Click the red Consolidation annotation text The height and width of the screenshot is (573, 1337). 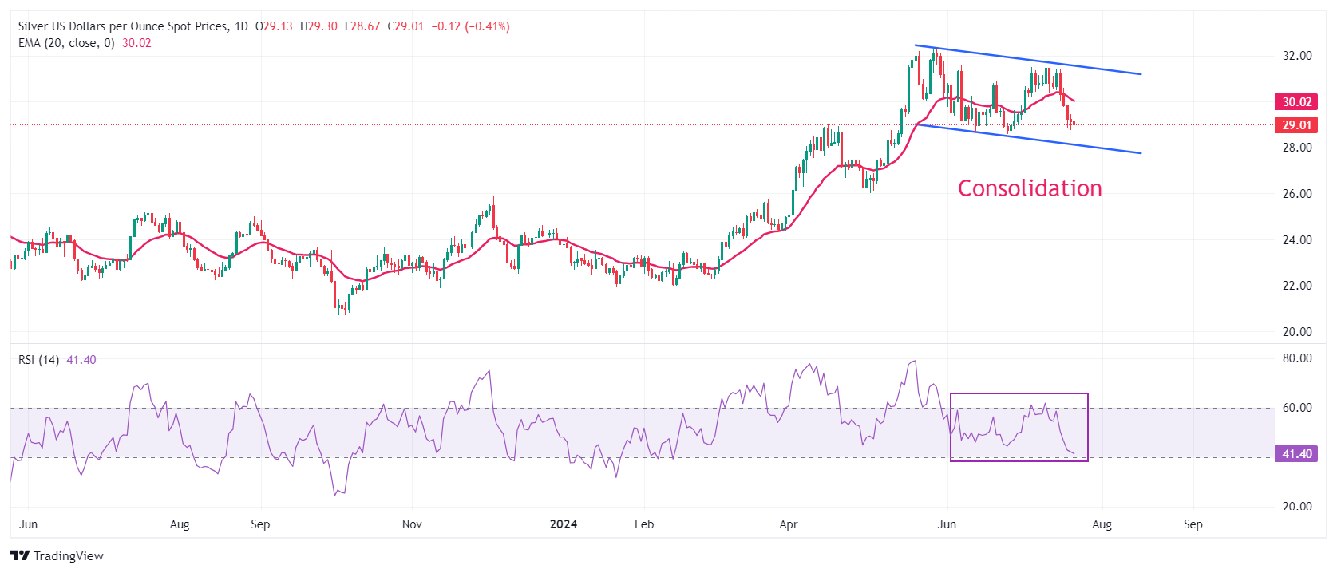pos(1030,188)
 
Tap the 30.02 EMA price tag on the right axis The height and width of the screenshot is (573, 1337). pos(1296,101)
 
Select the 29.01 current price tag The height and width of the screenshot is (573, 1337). pos(1296,124)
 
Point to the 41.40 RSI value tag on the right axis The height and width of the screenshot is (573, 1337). pos(1296,454)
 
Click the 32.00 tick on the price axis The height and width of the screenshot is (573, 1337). pos(1297,56)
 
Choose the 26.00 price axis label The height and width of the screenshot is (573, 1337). pos(1297,194)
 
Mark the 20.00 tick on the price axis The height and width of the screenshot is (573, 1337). pos(1297,332)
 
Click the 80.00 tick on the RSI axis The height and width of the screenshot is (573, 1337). pos(1297,358)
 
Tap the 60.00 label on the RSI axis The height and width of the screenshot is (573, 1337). pos(1297,408)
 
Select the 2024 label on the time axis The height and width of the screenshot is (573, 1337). pos(564,524)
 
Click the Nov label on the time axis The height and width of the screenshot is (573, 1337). pos(412,524)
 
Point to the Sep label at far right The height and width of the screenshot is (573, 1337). pos(1193,524)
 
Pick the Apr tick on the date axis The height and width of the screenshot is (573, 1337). pos(789,524)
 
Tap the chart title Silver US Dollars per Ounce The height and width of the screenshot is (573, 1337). pos(123,26)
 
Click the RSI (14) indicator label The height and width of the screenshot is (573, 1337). pos(38,360)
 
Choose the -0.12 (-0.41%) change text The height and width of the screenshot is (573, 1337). pos(470,26)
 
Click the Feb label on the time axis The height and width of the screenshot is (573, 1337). pos(644,524)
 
